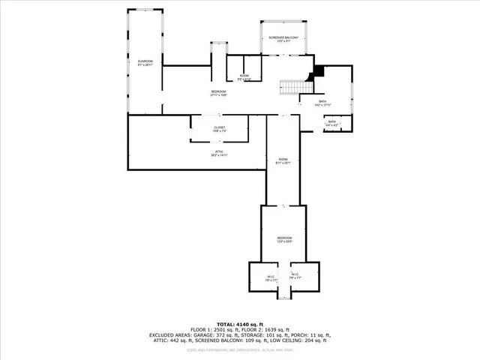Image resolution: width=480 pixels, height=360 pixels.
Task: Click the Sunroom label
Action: click(145, 61)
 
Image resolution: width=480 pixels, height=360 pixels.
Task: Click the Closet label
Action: click(219, 128)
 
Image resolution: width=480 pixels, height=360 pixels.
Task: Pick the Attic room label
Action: click(219, 153)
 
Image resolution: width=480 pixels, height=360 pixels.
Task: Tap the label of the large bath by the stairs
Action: click(322, 103)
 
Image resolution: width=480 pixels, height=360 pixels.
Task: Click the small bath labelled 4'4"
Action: click(331, 123)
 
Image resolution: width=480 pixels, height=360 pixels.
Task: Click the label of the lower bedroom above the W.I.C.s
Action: click(283, 239)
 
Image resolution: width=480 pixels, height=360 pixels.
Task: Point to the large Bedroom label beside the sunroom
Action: click(218, 93)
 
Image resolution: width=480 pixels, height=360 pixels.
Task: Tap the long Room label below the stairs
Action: click(283, 160)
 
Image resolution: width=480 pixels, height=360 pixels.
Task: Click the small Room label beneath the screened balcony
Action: click(244, 76)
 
